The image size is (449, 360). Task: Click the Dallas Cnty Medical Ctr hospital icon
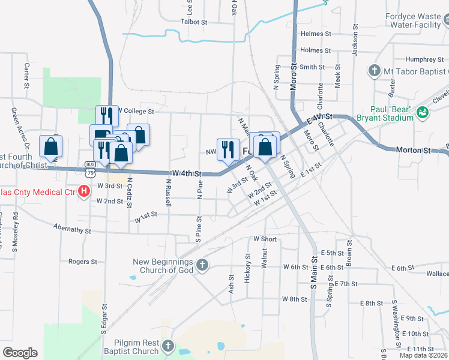pyautogui.click(x=85, y=191)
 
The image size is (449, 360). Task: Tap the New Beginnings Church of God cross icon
pyautogui.click(x=202, y=265)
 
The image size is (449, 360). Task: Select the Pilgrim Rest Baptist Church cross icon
pyautogui.click(x=167, y=346)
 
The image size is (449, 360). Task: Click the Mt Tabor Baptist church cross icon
pyautogui.click(x=374, y=71)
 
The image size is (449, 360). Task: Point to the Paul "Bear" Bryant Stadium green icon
pyautogui.click(x=422, y=112)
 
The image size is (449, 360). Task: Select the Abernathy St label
pyautogui.click(x=71, y=229)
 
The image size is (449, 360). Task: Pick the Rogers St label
pyautogui.click(x=82, y=262)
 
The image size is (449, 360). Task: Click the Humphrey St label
pyautogui.click(x=420, y=59)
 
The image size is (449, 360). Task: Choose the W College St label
pyautogui.click(x=136, y=111)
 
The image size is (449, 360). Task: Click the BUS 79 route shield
pyautogui.click(x=90, y=169)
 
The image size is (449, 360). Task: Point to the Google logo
pyautogui.click(x=20, y=353)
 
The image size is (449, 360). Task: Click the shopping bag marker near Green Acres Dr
pyautogui.click(x=50, y=146)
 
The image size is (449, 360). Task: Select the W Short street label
pyautogui.click(x=265, y=239)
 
